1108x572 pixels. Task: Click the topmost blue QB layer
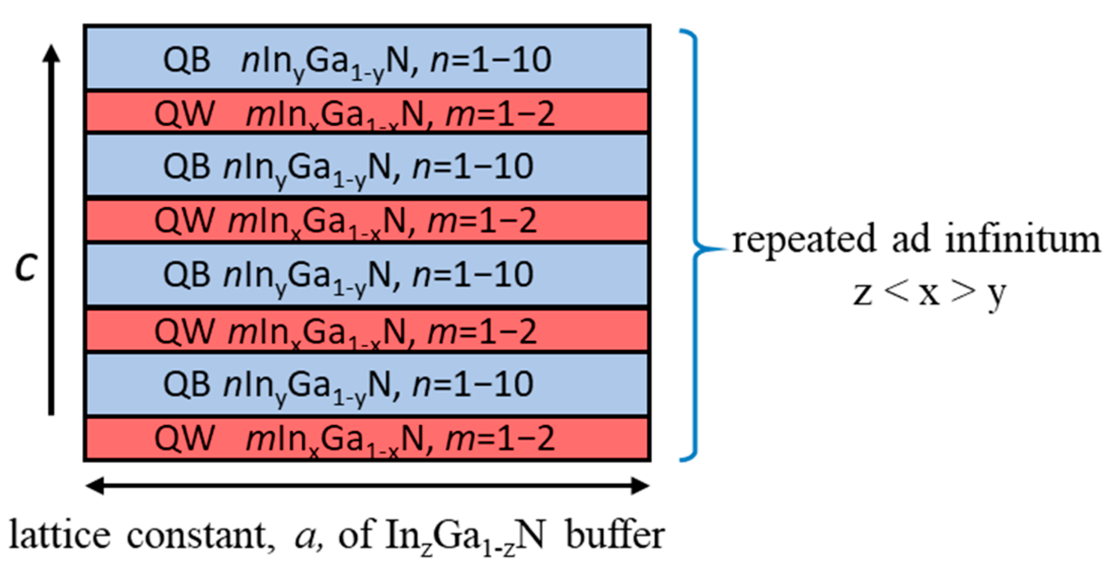point(367,57)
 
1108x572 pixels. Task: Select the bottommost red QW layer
point(367,439)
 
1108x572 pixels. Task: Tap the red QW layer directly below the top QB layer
point(367,113)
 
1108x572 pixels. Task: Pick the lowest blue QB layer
point(367,384)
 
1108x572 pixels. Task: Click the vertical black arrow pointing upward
point(51,228)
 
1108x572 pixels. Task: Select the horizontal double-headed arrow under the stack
point(367,486)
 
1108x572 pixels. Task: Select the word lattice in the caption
point(60,535)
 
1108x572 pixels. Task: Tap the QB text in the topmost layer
point(186,60)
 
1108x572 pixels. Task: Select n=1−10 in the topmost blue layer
point(490,60)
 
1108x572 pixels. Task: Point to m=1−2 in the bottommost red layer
point(500,439)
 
